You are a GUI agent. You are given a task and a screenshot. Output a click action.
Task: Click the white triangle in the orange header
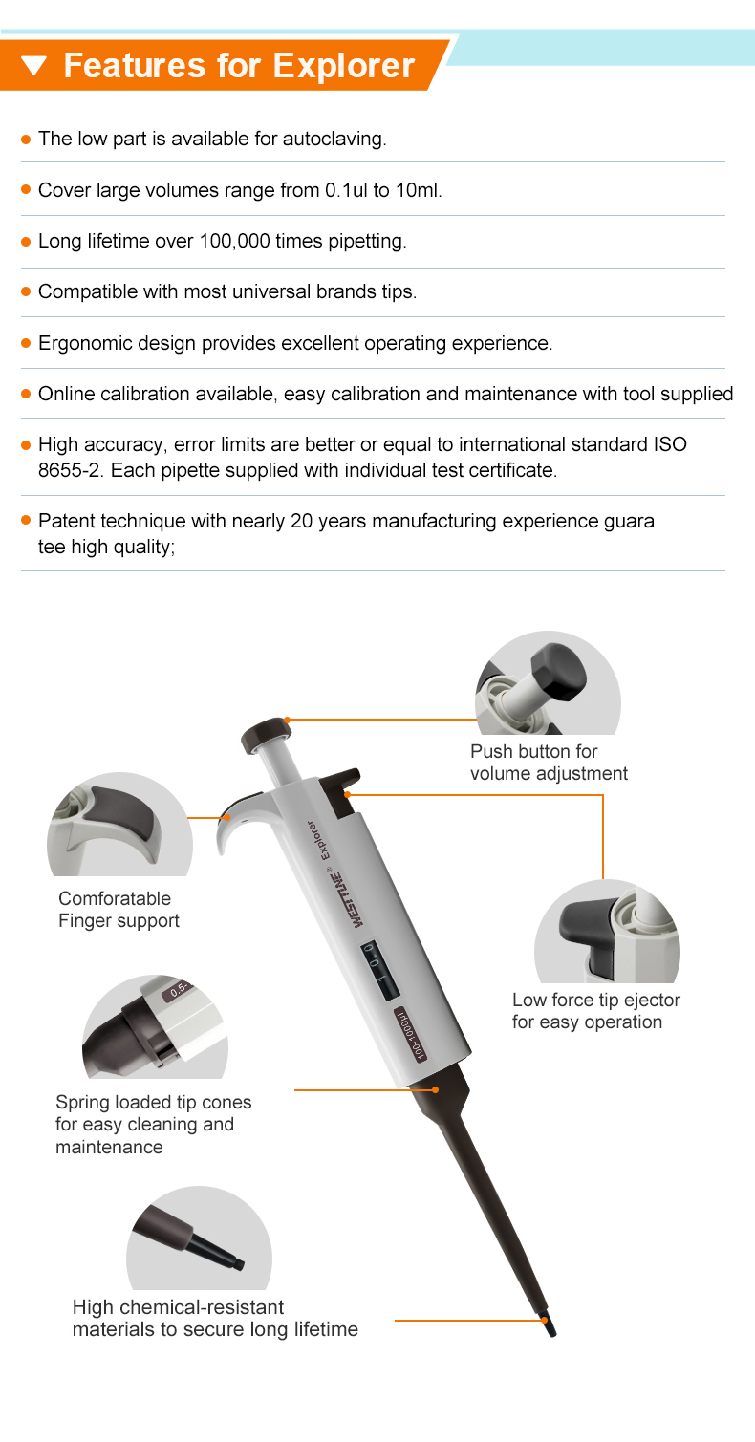[x=33, y=66]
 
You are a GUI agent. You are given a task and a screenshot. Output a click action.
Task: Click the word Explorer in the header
[x=344, y=65]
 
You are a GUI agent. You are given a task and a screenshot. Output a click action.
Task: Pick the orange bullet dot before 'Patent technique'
[x=27, y=521]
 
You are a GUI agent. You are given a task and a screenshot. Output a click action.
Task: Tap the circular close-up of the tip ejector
[x=606, y=932]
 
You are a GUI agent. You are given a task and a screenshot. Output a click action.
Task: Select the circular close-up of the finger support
[x=119, y=824]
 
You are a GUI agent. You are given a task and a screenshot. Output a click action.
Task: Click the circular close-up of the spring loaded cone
[x=155, y=1027]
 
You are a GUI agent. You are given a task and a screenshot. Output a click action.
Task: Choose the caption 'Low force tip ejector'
[x=595, y=1001]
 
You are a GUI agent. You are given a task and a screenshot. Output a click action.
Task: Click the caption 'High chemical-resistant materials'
[x=215, y=1318]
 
